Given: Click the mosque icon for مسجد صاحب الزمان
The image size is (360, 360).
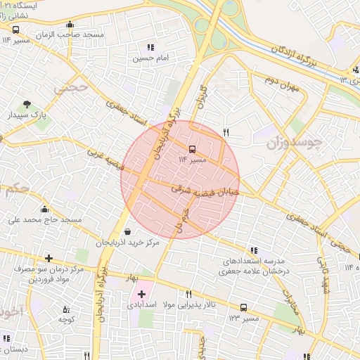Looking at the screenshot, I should click(x=70, y=25).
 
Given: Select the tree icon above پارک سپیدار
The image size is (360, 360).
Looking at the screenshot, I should click(x=27, y=103).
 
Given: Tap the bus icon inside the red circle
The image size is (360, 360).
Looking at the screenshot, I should click(x=192, y=149).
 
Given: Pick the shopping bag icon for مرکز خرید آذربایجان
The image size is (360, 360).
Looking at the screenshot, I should click(x=127, y=231).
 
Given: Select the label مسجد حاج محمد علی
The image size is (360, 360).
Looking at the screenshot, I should click(x=45, y=219).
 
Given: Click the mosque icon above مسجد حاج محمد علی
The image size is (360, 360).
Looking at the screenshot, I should click(x=45, y=209).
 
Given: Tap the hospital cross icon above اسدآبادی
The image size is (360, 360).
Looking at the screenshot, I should click(x=142, y=294).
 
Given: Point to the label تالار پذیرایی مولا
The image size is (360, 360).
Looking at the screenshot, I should click(x=188, y=306).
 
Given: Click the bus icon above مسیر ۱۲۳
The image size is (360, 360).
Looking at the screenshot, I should click(x=243, y=308).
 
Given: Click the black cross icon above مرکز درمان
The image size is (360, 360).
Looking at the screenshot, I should click(x=49, y=258).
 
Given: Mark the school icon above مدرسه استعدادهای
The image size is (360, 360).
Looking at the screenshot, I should click(x=253, y=250).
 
